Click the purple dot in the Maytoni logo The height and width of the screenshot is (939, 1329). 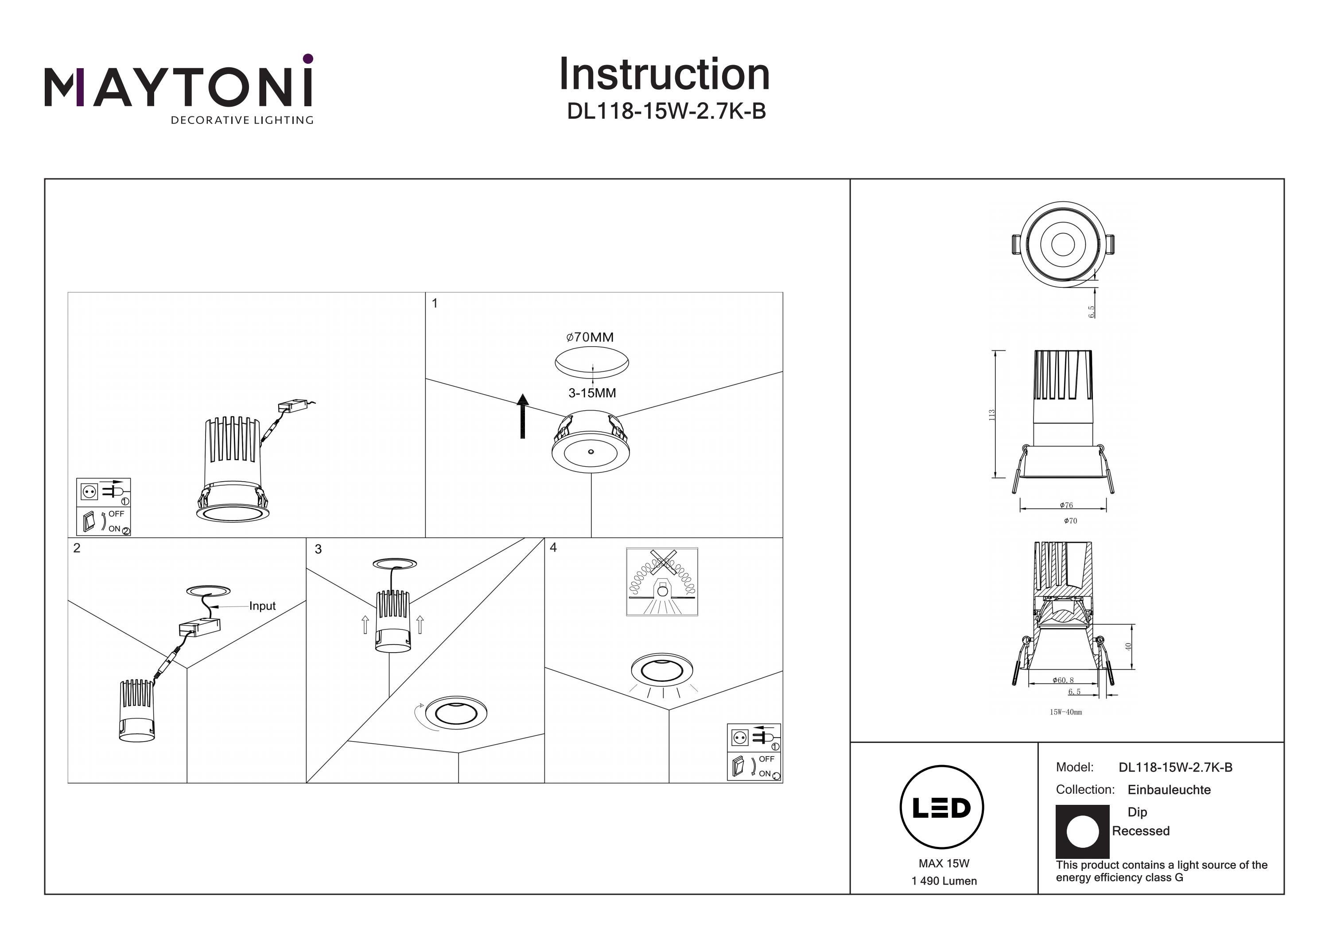coord(308,58)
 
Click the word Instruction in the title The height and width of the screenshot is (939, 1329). coord(664,75)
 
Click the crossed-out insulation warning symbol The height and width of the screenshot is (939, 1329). coord(661,581)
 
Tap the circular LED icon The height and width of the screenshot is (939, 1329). coord(942,808)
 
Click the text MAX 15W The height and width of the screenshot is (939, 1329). coord(944,864)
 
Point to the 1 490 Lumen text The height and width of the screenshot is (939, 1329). coord(944,881)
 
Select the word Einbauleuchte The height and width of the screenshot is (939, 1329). coord(1169,790)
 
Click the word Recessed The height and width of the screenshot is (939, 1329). coord(1140,831)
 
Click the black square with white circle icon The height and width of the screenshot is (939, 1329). coord(1082,832)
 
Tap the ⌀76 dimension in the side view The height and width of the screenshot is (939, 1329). coord(1066,505)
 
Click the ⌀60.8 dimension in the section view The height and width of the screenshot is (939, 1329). coord(1063,680)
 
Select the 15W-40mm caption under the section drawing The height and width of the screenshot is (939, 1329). coord(1065,712)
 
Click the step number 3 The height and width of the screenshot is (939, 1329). coord(318,549)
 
